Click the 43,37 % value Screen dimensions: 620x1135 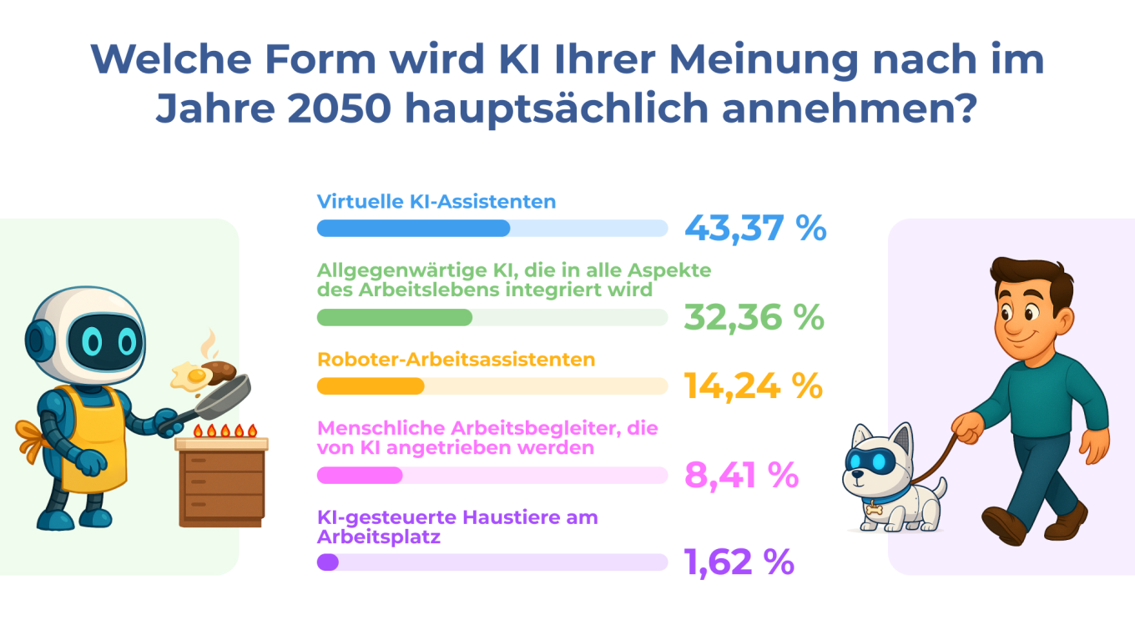pyautogui.click(x=755, y=228)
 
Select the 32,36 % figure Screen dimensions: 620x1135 pyautogui.click(x=754, y=317)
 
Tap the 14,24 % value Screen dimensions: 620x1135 pyautogui.click(x=754, y=386)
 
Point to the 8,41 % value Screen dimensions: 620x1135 pyautogui.click(x=741, y=475)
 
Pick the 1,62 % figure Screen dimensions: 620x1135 pyautogui.click(x=739, y=562)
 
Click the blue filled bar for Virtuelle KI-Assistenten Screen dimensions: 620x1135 pyautogui.click(x=413, y=228)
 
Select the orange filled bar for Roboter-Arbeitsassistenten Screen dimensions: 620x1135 pyautogui.click(x=371, y=386)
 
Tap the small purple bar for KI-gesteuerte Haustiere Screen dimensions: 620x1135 pyautogui.click(x=328, y=562)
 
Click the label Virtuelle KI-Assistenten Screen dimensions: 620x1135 pyautogui.click(x=436, y=202)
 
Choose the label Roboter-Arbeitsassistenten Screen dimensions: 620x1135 pyautogui.click(x=456, y=360)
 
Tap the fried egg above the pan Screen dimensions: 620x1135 pyautogui.click(x=189, y=377)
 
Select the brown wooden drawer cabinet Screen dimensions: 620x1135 pyautogui.click(x=222, y=484)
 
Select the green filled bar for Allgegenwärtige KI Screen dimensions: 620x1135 pyautogui.click(x=395, y=317)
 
